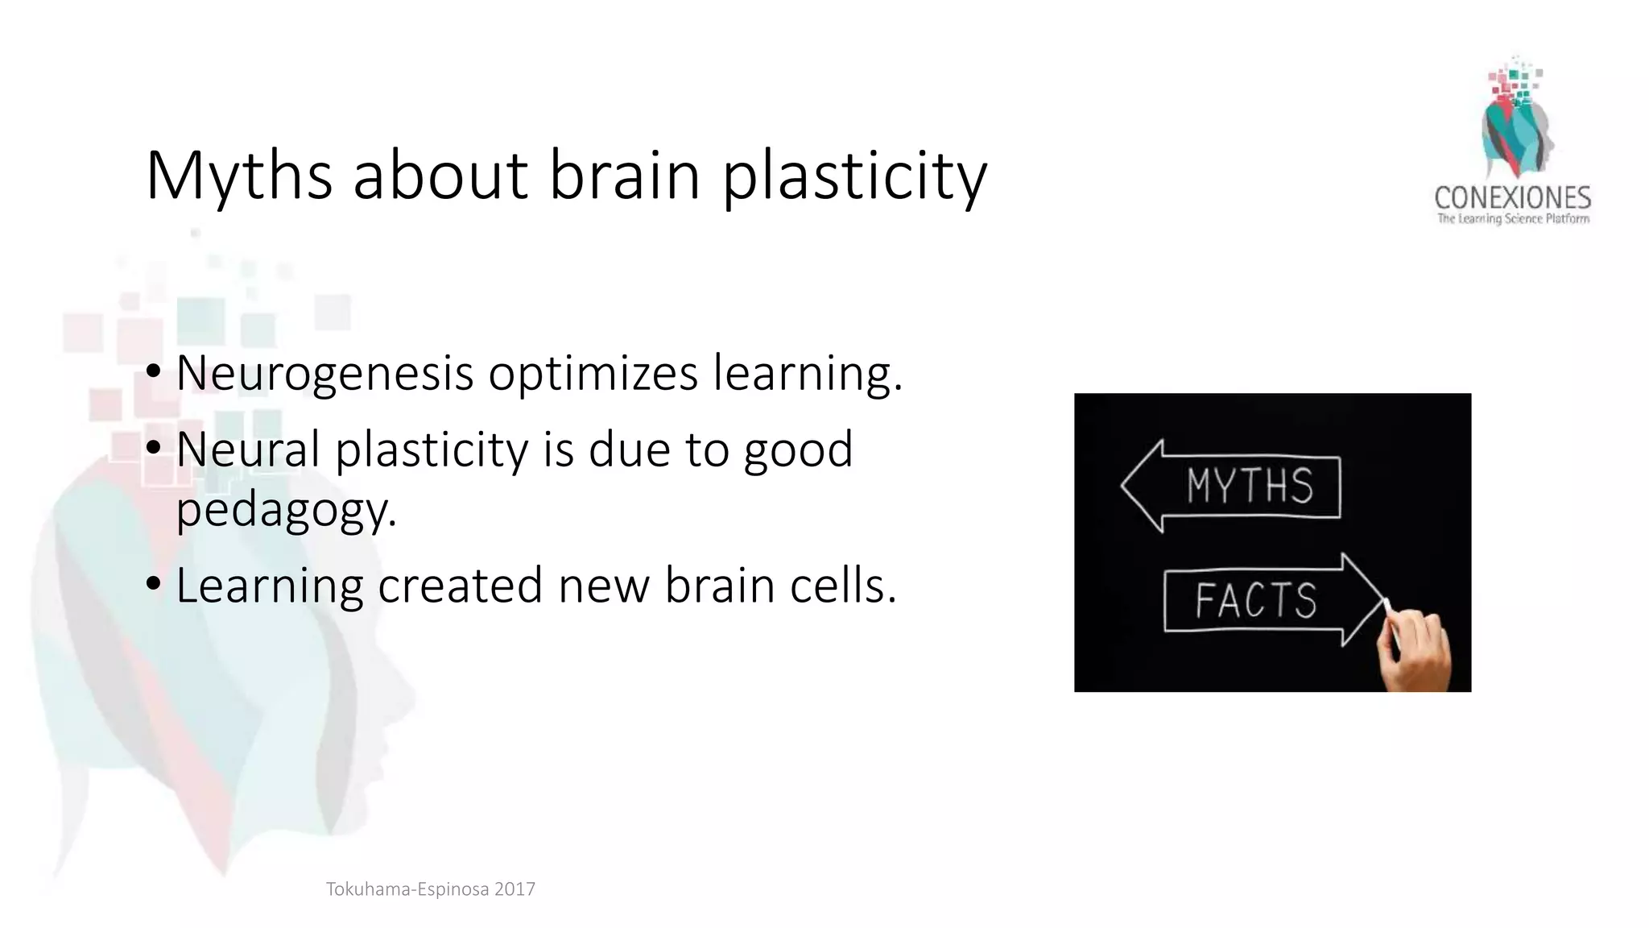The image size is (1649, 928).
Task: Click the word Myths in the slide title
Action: point(239,176)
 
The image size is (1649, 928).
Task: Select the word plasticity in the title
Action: point(854,177)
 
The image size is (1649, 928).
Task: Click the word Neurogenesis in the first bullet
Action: point(324,374)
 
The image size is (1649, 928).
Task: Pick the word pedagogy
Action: point(286,511)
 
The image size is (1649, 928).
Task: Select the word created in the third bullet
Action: point(460,585)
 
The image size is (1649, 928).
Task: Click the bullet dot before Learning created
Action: point(154,585)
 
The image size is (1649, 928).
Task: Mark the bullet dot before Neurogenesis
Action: point(154,373)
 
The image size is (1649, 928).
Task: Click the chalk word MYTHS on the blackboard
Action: point(1250,486)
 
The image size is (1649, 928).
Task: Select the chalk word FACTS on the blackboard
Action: point(1255,601)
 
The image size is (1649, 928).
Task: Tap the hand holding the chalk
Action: point(1415,649)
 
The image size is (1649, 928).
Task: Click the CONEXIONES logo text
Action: point(1512,198)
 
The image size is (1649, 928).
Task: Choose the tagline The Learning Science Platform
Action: point(1513,219)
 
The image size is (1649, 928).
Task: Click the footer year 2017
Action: point(515,889)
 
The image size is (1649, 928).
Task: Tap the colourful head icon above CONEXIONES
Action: point(1514,121)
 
